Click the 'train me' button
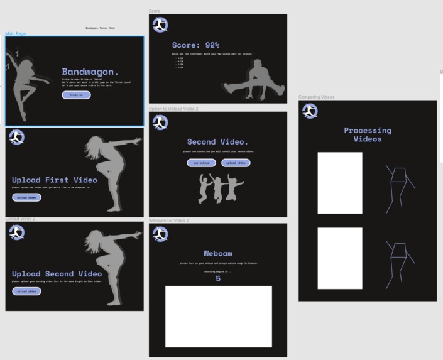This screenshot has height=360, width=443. [x=76, y=95]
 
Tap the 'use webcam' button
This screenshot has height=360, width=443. [x=201, y=163]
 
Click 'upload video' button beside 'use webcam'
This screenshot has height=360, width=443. [x=236, y=163]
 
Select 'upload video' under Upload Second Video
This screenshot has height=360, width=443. [x=26, y=291]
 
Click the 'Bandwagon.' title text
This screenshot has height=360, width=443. [x=90, y=72]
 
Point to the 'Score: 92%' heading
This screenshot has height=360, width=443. [x=195, y=45]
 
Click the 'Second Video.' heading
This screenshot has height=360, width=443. [x=217, y=142]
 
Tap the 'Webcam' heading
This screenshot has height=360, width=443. [x=218, y=254]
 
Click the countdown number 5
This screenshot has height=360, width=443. [x=218, y=278]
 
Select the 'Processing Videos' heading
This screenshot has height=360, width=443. [x=368, y=134]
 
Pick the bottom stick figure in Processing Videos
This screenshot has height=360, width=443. [x=398, y=261]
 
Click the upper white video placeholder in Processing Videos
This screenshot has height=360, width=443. [x=339, y=183]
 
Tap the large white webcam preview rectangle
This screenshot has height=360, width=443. [x=218, y=316]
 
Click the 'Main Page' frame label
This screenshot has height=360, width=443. [x=16, y=33]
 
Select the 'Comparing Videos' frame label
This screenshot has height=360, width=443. [x=316, y=97]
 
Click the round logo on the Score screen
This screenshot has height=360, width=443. [x=160, y=25]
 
